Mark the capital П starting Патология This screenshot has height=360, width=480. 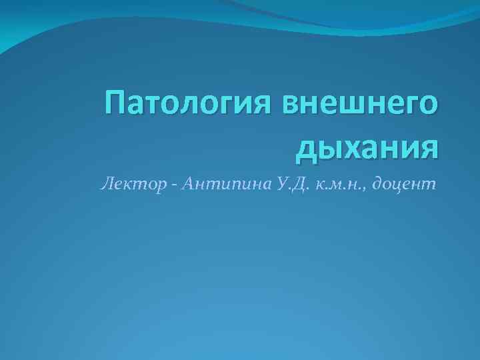pyautogui.click(x=117, y=105)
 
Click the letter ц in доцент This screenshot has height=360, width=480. pyautogui.click(x=403, y=185)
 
